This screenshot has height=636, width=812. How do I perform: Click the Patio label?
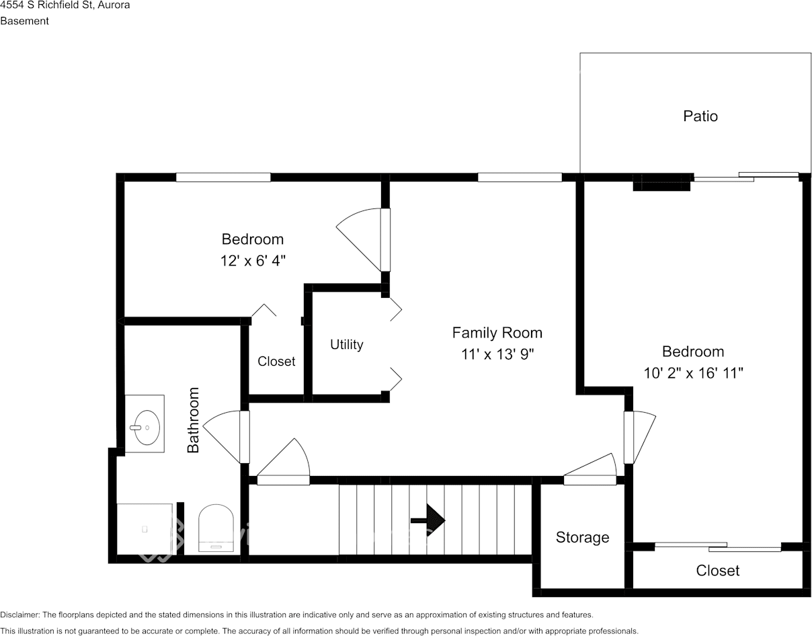700,116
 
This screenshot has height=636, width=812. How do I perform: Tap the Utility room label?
347,344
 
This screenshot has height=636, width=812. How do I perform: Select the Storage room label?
582,537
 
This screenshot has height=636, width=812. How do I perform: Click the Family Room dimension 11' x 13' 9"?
497,354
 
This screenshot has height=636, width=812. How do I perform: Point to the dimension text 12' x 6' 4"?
253,260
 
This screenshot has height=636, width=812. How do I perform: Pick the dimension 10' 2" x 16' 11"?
693,373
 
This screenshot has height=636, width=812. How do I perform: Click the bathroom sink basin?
147,428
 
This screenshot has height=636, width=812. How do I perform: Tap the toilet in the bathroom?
216,528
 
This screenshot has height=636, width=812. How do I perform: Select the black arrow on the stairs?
428,520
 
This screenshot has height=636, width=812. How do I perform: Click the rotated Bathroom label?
193,420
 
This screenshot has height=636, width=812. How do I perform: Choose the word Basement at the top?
25,21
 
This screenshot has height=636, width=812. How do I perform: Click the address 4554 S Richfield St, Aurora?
65,5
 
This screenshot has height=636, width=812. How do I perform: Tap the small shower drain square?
145,528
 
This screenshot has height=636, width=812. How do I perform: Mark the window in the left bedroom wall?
223,177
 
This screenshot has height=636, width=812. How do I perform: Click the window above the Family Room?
520,177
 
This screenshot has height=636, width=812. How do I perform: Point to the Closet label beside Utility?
276,361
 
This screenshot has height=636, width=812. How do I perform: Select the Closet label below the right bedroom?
717,571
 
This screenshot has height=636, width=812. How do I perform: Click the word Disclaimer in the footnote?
19,614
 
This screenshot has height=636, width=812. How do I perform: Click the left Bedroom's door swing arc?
352,216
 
